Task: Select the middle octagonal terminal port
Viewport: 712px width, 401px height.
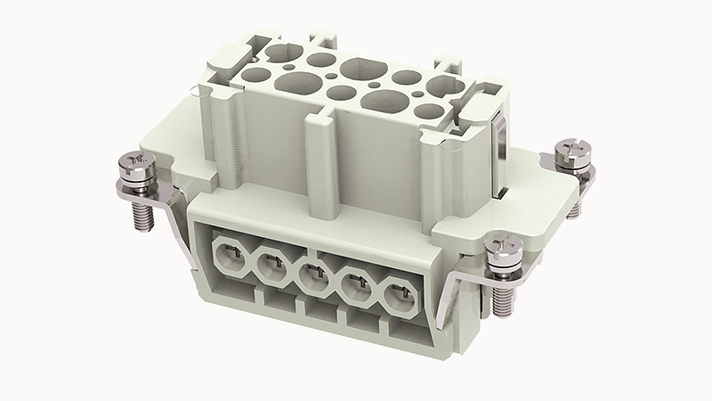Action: point(313,274)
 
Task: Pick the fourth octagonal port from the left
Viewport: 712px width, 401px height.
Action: point(357,284)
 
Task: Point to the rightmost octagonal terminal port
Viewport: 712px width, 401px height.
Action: point(401,295)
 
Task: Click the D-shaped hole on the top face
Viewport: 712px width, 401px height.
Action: point(358,69)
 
